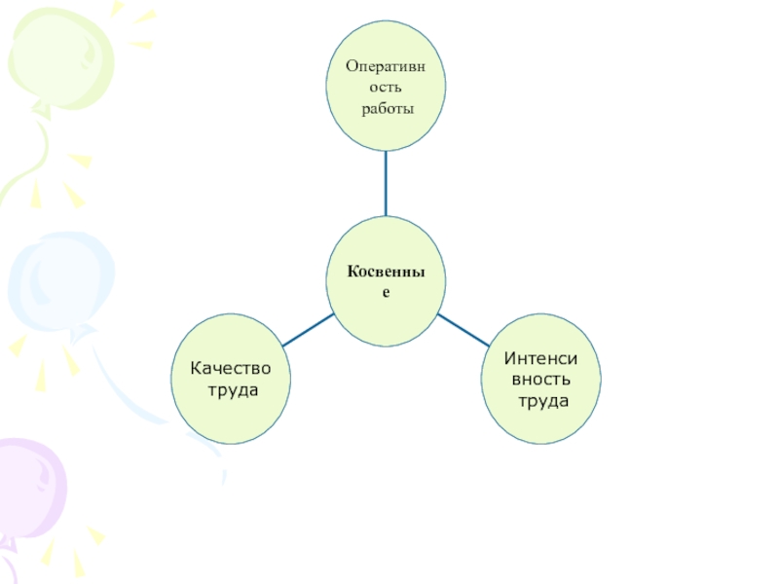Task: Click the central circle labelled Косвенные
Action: [386, 281]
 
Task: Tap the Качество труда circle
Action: [232, 379]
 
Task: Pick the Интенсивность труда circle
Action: [541, 380]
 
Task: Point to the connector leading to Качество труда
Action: [307, 331]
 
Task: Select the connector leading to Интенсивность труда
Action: [463, 331]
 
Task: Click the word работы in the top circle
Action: [388, 108]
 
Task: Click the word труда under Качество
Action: [234, 389]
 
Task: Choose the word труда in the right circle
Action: [542, 400]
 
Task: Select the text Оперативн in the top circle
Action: [387, 65]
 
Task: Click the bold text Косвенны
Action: [386, 272]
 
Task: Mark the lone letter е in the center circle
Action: [386, 292]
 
